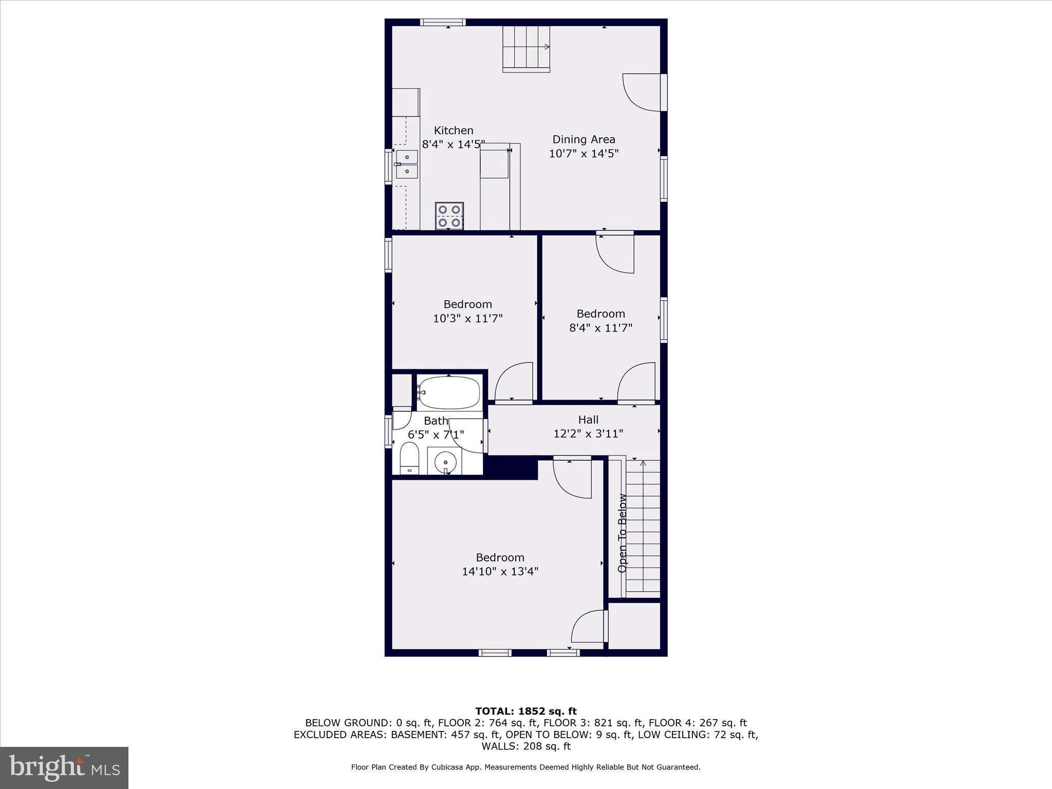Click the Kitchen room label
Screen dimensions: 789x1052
click(x=453, y=130)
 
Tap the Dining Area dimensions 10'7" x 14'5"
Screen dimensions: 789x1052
click(x=584, y=153)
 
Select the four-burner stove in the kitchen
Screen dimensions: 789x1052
click(x=449, y=216)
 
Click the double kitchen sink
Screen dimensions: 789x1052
click(x=407, y=164)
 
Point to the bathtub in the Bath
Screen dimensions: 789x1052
click(x=449, y=392)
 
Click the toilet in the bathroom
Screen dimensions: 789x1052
click(x=409, y=459)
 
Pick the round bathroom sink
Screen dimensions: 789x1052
click(x=445, y=462)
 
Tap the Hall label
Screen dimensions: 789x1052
click(x=588, y=420)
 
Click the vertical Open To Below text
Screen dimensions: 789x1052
click(x=623, y=533)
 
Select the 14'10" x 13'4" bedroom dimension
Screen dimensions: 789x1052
click(x=500, y=571)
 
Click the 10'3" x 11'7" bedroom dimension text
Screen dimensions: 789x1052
click(x=467, y=318)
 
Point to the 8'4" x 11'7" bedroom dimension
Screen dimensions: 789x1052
click(x=600, y=328)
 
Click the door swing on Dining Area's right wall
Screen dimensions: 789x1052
click(x=641, y=92)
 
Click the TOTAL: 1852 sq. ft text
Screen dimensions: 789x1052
click(x=525, y=711)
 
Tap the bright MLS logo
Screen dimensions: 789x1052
click(x=64, y=767)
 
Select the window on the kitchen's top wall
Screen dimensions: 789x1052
click(x=443, y=22)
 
